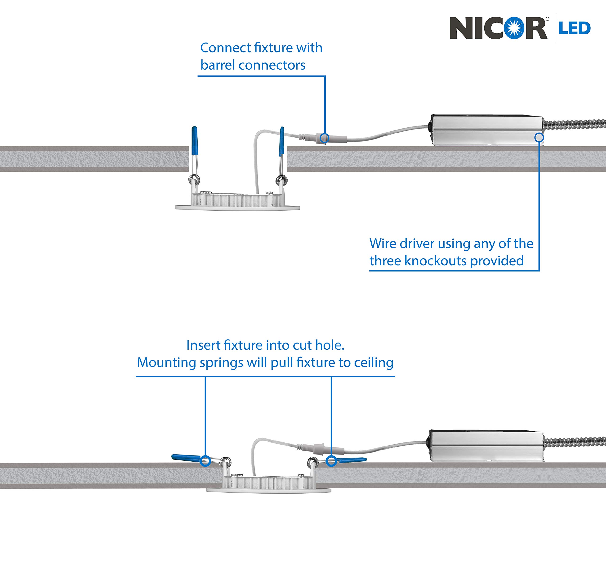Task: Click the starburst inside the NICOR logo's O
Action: coord(514,28)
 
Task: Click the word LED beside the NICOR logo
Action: coord(574,28)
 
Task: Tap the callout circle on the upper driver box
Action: coord(539,138)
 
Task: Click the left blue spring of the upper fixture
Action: coord(195,141)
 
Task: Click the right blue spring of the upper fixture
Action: coord(282,141)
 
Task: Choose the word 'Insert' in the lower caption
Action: coord(203,345)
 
